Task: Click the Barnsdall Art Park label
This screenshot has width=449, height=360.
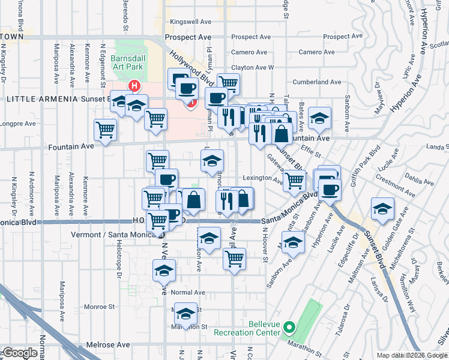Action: tap(125, 64)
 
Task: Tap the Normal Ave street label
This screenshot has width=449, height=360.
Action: tap(188, 292)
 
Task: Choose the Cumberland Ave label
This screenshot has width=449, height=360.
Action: tap(316, 82)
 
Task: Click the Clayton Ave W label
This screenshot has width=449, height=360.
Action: tap(252, 68)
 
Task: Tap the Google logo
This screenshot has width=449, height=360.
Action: tap(20, 353)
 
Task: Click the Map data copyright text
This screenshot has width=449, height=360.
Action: tap(412, 355)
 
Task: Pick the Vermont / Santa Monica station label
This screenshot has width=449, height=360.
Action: tap(114, 235)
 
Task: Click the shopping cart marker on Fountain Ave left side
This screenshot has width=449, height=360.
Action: tap(106, 128)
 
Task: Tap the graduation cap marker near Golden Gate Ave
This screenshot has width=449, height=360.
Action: tap(382, 208)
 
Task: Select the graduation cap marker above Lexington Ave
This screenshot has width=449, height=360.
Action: tap(212, 160)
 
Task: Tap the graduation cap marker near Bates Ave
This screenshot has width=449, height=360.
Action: tap(320, 117)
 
